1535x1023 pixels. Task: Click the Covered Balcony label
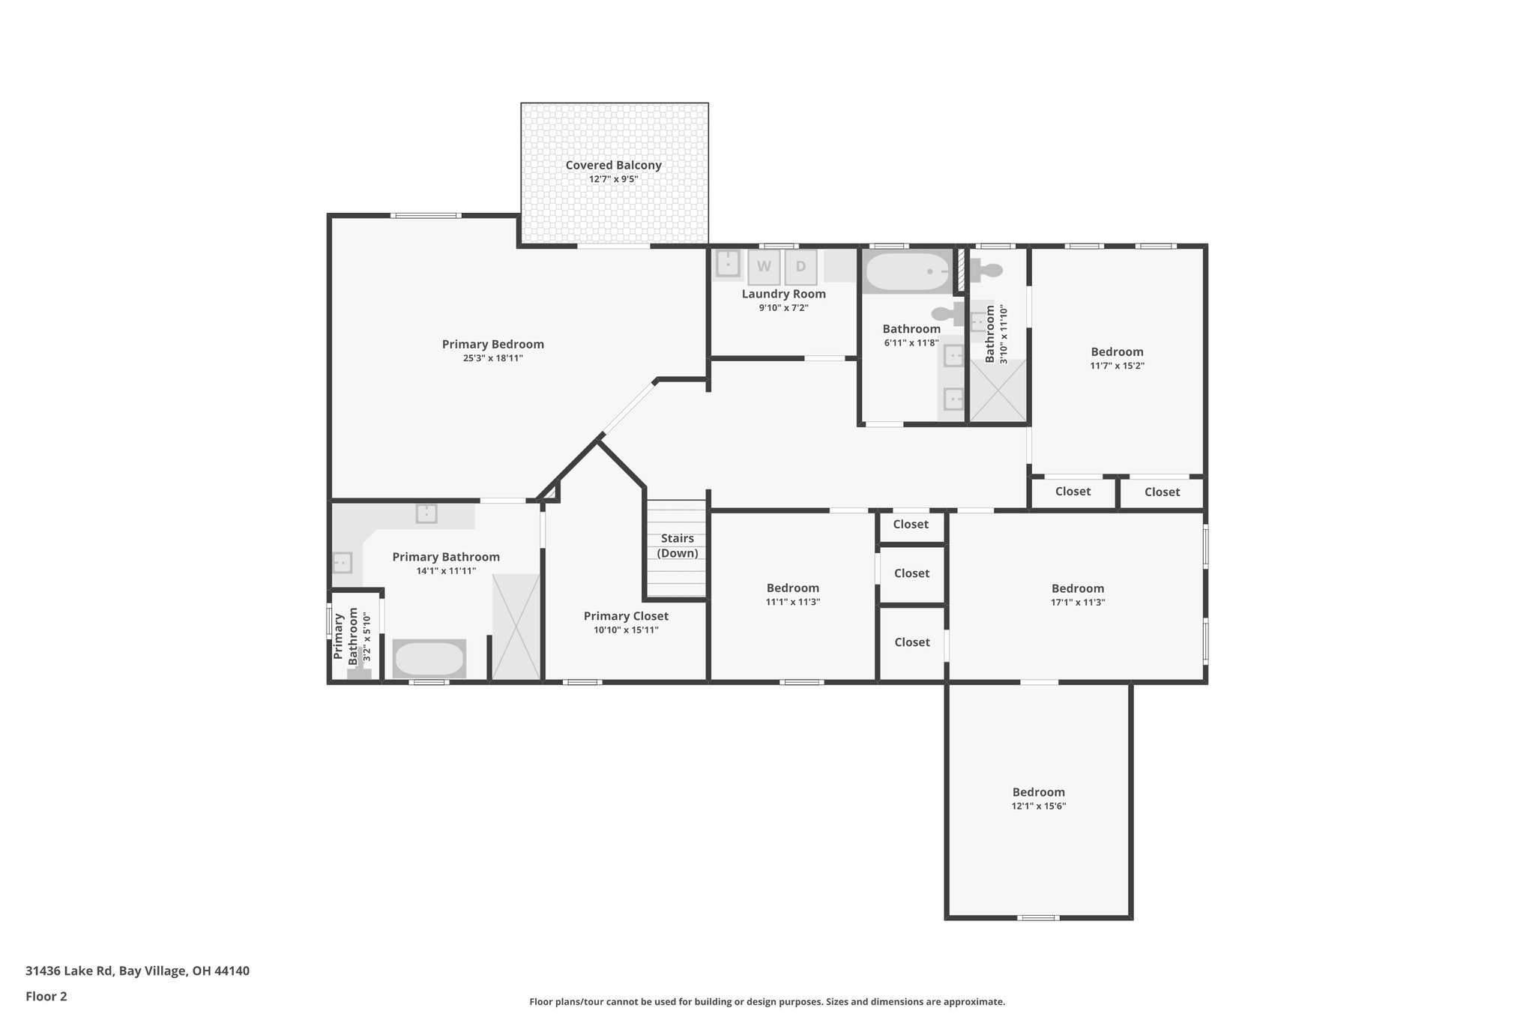(x=613, y=166)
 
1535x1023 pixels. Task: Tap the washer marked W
(x=764, y=267)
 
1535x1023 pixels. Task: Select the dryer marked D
(x=800, y=267)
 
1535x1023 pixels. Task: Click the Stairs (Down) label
(x=678, y=546)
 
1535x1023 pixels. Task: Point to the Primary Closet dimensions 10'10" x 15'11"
(x=626, y=630)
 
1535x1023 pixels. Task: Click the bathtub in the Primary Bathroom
(x=429, y=659)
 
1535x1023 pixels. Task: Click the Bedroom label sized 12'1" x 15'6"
(x=1038, y=792)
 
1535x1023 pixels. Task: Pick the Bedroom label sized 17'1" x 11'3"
(x=1078, y=588)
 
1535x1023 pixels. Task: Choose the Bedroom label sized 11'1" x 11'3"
(x=792, y=588)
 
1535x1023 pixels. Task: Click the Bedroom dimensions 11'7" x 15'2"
(x=1117, y=366)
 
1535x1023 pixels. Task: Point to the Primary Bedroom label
(x=492, y=344)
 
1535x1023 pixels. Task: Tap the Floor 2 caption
(x=46, y=996)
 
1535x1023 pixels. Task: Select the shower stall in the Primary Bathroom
(x=516, y=627)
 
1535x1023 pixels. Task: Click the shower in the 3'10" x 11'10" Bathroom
(x=998, y=390)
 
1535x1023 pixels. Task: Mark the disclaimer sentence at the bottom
(x=767, y=1001)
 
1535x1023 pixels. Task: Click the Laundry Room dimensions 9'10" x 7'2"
(x=783, y=307)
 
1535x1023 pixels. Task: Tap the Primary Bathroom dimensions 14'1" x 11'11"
(x=446, y=570)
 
